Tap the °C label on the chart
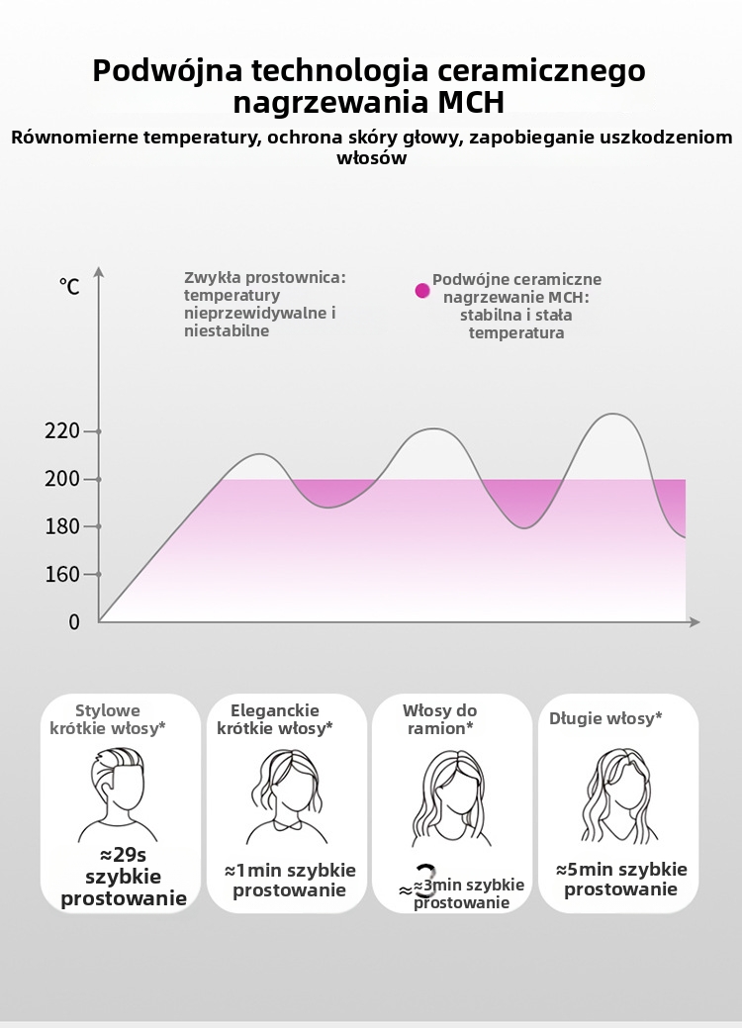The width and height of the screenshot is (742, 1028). [69, 287]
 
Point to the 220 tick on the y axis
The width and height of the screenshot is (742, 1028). [98, 431]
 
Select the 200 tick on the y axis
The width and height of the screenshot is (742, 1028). [98, 480]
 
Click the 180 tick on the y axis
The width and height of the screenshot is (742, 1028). [98, 526]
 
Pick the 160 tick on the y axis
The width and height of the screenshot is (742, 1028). [98, 574]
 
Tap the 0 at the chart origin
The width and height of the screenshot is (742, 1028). [74, 622]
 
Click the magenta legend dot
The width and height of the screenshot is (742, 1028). [422, 291]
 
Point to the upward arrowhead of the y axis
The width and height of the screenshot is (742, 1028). [99, 271]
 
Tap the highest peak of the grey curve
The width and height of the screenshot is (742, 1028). [614, 415]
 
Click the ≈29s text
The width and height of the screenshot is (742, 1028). [123, 854]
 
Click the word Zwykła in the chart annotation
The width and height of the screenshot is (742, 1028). [212, 279]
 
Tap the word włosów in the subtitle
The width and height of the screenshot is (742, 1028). [372, 158]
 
